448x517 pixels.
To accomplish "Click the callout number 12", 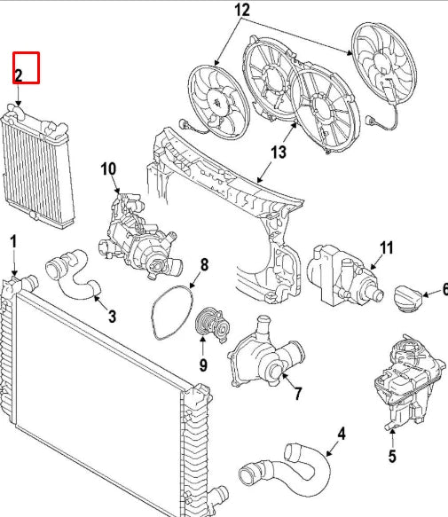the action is click(242, 10).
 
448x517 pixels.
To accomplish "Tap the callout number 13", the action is click(279, 152).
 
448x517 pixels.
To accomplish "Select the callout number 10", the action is click(108, 168).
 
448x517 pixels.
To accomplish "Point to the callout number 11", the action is click(387, 247).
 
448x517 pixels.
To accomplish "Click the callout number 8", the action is click(205, 265).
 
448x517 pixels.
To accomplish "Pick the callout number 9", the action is click(203, 364).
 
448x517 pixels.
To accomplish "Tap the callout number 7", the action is click(298, 394).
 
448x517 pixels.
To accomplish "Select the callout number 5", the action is click(392, 456).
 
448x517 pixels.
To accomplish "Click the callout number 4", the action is click(342, 434).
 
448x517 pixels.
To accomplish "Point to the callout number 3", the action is click(113, 317).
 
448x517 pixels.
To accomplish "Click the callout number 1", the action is click(13, 242).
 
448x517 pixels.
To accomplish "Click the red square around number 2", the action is click(27, 67).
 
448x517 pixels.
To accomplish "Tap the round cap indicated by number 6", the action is click(408, 297).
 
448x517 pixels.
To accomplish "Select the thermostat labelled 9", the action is click(213, 324).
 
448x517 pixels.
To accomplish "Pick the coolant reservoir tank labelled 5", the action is click(408, 381).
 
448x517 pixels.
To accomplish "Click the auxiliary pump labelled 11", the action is click(344, 275).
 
